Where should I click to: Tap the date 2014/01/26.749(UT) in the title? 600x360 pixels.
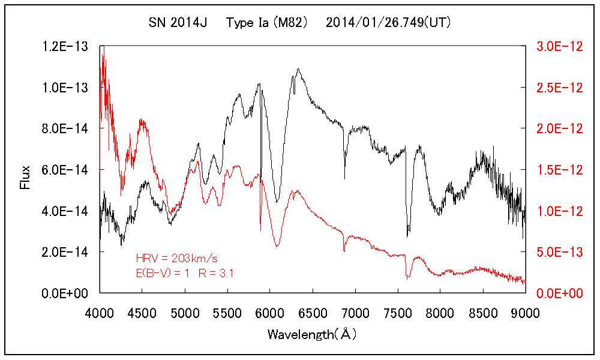coord(388,23)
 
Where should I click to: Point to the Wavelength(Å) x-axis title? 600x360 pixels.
coord(313,334)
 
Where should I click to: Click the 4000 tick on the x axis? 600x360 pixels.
coord(100,312)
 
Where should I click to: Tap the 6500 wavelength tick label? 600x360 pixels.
coord(313,312)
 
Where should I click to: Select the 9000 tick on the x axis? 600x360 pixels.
coord(526,312)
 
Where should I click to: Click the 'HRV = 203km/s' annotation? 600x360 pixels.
coord(176,259)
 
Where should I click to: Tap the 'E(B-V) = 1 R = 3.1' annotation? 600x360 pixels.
coord(185,274)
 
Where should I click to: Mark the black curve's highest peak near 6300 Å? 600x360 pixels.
coord(298,69)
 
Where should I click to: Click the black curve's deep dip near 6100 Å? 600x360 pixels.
coord(277,202)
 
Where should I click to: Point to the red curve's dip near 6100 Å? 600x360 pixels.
coord(277,246)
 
